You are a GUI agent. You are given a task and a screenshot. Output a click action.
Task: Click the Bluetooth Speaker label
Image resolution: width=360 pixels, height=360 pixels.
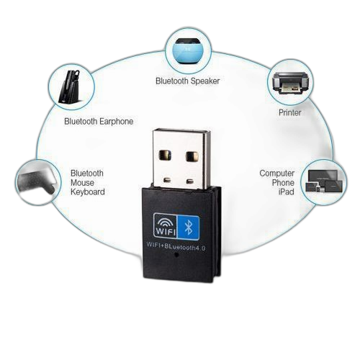[x=187, y=81]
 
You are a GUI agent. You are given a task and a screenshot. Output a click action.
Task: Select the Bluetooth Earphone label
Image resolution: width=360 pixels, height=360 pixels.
[x=99, y=122]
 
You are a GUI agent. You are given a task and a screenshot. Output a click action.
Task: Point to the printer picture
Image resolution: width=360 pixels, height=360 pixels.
[x=289, y=82]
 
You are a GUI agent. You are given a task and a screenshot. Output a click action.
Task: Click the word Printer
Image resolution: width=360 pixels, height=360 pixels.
[x=289, y=112]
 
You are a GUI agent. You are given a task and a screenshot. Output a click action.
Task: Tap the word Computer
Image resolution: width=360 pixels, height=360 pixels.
[x=276, y=174]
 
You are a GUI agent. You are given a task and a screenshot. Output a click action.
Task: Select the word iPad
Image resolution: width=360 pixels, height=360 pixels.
[x=286, y=192]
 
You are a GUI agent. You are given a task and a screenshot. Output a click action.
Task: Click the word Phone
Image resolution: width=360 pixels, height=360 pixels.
[x=283, y=183]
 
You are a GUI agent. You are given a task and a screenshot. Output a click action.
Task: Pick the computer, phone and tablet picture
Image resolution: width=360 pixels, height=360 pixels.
[x=324, y=181]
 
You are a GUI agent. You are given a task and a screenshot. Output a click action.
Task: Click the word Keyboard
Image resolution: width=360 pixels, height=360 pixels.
[x=88, y=192]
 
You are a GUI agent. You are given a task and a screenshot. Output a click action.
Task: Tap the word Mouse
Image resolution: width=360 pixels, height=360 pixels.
[x=82, y=183]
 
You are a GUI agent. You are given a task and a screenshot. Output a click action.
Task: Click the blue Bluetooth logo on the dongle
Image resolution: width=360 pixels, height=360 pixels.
[x=188, y=228]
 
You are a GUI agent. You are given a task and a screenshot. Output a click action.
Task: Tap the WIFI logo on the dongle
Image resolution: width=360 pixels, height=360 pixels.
[x=165, y=226]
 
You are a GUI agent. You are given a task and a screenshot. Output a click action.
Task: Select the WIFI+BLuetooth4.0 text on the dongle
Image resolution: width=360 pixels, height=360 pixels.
[x=176, y=246]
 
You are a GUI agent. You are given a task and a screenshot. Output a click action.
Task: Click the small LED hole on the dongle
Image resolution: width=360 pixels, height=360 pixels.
[x=177, y=255]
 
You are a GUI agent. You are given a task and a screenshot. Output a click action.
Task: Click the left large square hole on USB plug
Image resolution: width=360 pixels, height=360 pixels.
[x=165, y=155]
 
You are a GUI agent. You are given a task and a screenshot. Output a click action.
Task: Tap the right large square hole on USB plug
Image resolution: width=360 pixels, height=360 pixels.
[x=192, y=156]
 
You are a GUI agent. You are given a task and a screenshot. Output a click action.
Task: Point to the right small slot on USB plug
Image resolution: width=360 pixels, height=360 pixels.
[x=190, y=181]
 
